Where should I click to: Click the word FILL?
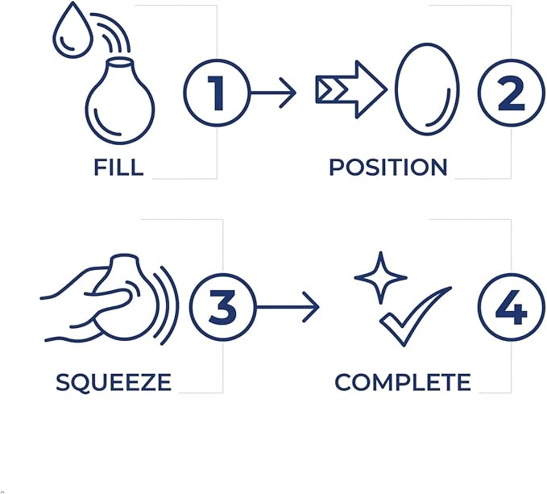(118, 167)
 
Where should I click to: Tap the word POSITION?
(388, 167)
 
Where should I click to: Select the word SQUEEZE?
(114, 382)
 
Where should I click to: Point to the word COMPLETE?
(403, 382)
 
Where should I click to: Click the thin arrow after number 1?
(273, 93)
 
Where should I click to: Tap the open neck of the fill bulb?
(120, 62)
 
